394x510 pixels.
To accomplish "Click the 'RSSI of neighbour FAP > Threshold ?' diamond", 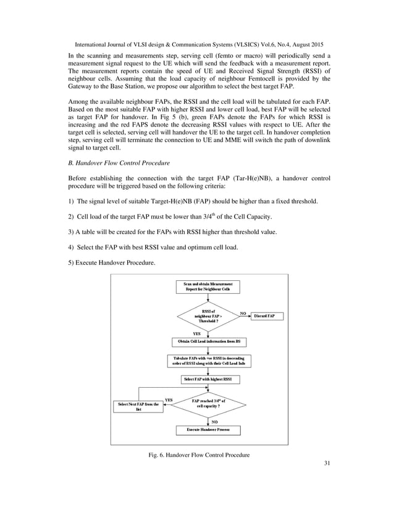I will coord(208,316).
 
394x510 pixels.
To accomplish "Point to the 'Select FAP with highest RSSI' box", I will coord(207,378).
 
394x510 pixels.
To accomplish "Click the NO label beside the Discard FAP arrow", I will coord(243,313).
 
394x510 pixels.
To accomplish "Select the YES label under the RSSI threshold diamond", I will coord(196,333).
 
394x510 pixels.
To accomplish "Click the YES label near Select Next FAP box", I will coord(168,399).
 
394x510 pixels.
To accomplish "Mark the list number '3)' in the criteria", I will coord(71,232).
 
